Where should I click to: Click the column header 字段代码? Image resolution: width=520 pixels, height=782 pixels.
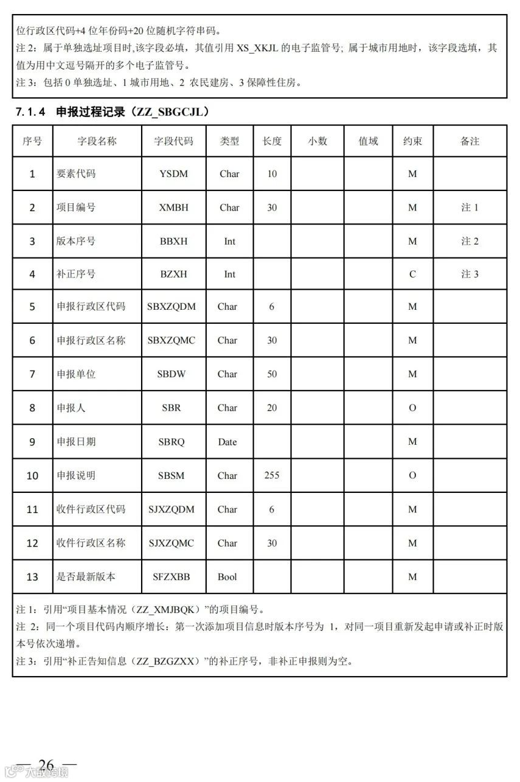pyautogui.click(x=173, y=141)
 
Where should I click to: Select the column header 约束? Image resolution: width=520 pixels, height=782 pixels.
pyautogui.click(x=412, y=141)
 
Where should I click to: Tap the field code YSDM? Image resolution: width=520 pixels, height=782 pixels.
pyautogui.click(x=173, y=174)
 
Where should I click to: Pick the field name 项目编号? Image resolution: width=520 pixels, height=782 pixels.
pyautogui.click(x=76, y=208)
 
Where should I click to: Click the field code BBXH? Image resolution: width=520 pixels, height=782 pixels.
pyautogui.click(x=173, y=241)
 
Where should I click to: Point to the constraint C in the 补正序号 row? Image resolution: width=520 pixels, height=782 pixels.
pyautogui.click(x=412, y=274)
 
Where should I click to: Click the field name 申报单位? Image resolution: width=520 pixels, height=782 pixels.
pyautogui.click(x=76, y=374)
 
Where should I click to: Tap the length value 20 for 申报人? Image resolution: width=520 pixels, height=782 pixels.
pyautogui.click(x=272, y=408)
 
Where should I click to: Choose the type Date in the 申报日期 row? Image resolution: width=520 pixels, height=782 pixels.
pyautogui.click(x=227, y=442)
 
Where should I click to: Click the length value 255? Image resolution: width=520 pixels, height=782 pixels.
pyautogui.click(x=272, y=475)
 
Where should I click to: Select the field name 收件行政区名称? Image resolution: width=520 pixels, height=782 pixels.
pyautogui.click(x=91, y=543)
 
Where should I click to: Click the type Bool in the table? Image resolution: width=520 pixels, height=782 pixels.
pyautogui.click(x=227, y=577)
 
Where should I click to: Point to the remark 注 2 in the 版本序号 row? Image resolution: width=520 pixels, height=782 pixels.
pyautogui.click(x=470, y=241)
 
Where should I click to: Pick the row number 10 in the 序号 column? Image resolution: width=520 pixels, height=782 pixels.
pyautogui.click(x=32, y=476)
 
